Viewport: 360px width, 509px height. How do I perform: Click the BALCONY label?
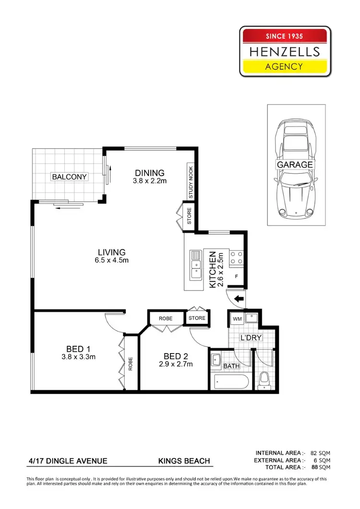point(70,177)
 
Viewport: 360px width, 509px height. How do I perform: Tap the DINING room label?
point(149,173)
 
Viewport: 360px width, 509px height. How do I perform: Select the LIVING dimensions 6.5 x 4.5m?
point(111,260)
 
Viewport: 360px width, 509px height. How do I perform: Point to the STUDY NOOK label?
point(191,183)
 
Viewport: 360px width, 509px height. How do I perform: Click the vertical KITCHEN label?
point(213,270)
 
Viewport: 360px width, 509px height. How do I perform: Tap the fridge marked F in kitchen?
point(237,277)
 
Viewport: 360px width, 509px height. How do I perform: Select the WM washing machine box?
point(237,318)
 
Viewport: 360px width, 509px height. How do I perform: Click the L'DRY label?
point(251,338)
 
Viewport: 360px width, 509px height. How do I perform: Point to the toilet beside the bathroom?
point(263,382)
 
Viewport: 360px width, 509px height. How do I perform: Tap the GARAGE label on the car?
point(294,165)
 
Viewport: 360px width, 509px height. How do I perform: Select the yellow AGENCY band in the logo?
point(285,66)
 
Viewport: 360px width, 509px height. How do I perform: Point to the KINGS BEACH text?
point(184,462)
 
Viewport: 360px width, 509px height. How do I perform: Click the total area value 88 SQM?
point(321,467)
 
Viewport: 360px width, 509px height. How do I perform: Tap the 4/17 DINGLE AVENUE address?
point(68,462)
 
